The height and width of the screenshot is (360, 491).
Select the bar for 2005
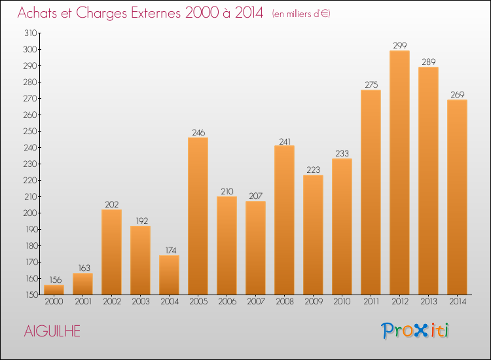tap(198, 216)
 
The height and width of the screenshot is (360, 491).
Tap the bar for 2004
tap(169, 275)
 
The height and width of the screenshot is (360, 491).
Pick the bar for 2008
tap(284, 220)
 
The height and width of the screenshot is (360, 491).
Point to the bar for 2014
tap(457, 197)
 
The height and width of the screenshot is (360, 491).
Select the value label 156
tap(54, 280)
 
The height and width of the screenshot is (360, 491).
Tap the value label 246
tap(198, 133)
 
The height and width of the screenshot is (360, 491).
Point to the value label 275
tap(371, 85)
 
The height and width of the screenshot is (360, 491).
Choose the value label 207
tap(255, 196)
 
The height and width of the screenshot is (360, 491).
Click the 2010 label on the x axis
tap(342, 302)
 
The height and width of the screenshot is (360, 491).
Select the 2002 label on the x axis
tap(111, 302)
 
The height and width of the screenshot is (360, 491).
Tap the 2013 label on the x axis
tap(428, 302)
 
